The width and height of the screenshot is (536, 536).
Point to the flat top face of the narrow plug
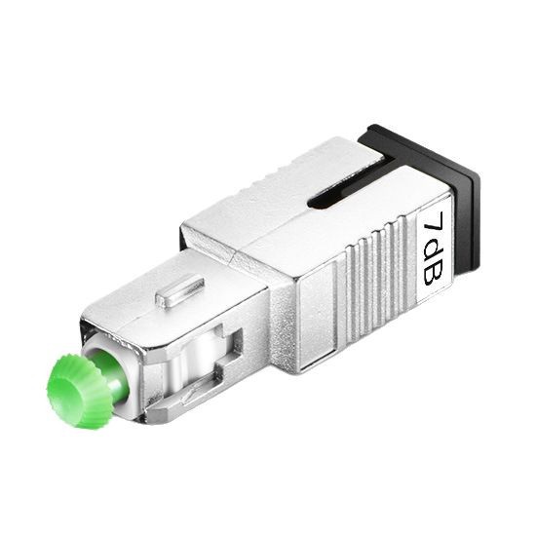166,302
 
